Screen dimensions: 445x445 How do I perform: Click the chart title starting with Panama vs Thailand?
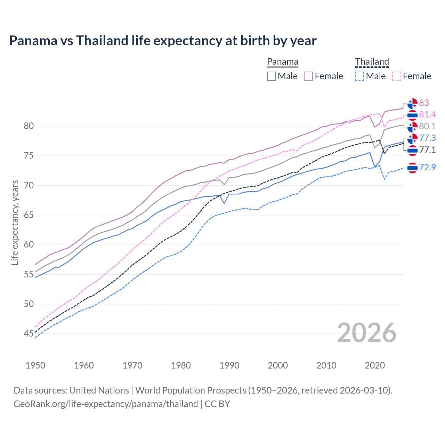coord(163,41)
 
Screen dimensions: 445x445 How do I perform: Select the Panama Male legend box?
coord(272,76)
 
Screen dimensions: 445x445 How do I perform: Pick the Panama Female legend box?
coord(308,76)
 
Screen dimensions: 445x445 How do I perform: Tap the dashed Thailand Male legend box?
coord(360,76)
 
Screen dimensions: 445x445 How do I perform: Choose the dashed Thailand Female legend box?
coord(397,76)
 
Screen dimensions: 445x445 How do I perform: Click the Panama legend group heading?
coord(282,62)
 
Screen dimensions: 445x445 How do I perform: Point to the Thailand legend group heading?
coord(372,62)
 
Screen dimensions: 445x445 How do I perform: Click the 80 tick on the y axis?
coord(29,126)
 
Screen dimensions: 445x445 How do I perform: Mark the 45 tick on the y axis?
coord(29,334)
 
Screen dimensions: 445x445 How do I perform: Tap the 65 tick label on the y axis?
coord(29,215)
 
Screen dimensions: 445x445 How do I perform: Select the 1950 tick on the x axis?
coord(35,365)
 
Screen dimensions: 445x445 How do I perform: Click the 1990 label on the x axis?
coord(229,365)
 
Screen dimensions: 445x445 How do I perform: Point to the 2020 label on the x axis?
coord(375,365)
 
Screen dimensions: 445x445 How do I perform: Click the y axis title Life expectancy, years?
coord(15,222)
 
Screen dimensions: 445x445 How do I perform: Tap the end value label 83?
coord(424,103)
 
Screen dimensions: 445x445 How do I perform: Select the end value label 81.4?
coord(427,114)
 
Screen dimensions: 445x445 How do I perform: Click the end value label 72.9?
coord(427,167)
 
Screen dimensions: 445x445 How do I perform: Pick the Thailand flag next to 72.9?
coord(412,168)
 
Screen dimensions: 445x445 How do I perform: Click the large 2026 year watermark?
coord(366,333)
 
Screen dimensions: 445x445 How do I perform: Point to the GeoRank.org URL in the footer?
coord(106,404)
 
